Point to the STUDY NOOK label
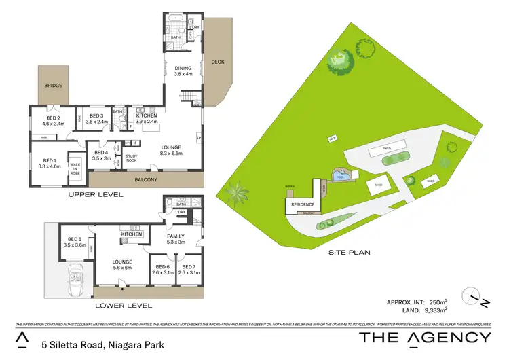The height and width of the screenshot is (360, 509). [132, 158]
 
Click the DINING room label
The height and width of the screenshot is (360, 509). [183, 69]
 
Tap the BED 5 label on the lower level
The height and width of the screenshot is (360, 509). [76, 240]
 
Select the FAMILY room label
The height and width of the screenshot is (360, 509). [174, 236]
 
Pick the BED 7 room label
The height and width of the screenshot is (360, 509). [188, 268]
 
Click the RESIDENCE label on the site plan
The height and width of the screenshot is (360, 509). [302, 204]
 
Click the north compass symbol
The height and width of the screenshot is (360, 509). [475, 296]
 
